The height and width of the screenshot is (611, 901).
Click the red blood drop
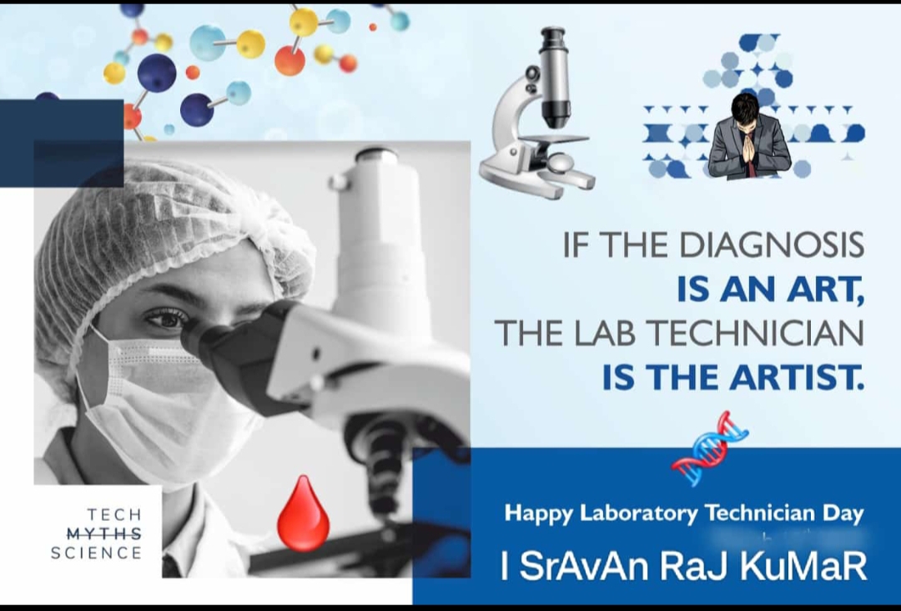(304, 516)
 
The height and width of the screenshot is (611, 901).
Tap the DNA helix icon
(710, 447)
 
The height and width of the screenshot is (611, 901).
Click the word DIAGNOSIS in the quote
(772, 245)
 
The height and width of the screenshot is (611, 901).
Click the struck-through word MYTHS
(104, 534)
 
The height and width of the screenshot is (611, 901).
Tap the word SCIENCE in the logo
(96, 553)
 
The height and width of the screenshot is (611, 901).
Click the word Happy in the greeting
(538, 513)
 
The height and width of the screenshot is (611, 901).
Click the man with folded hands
(749, 137)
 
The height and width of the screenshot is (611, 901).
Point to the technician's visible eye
(166, 316)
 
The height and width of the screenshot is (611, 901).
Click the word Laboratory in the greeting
(639, 513)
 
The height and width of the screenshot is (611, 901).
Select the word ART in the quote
(826, 289)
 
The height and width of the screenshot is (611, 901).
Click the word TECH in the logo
(114, 514)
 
